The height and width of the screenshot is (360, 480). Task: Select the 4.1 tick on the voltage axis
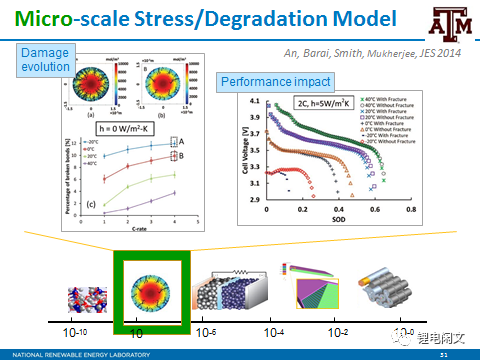(x=252, y=102)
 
